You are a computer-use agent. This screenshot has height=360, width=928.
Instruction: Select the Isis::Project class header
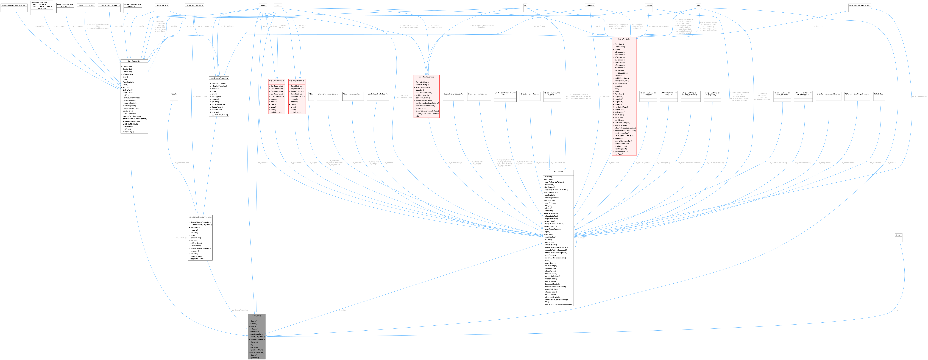[558, 172]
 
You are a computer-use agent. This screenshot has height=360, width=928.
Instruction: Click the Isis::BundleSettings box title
[427, 77]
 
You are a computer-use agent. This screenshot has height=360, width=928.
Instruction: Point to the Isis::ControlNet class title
[134, 61]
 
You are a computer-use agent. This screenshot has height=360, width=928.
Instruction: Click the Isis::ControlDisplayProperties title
[200, 217]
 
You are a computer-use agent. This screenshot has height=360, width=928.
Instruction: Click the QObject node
[263, 5]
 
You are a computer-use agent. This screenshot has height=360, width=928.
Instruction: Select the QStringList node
[590, 5]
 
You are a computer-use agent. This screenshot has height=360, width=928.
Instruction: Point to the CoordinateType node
[162, 5]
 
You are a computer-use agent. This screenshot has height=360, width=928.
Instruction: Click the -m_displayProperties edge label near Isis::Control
[240, 310]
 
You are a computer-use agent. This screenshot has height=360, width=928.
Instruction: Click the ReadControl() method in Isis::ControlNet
[128, 82]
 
